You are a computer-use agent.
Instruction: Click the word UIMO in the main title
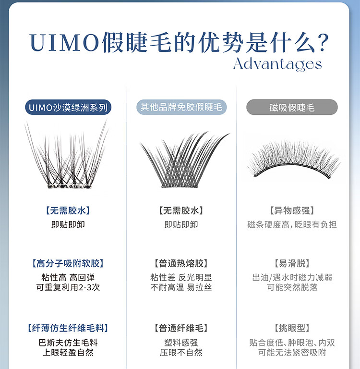[x=64, y=43]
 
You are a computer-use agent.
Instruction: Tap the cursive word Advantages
[x=277, y=65]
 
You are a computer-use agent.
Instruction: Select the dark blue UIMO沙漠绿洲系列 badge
[x=68, y=107]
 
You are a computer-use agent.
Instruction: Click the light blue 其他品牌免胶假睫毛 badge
[x=181, y=107]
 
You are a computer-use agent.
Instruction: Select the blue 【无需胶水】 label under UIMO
[x=68, y=210]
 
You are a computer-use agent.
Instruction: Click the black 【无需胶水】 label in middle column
[x=181, y=210]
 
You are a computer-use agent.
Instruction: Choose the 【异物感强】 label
[x=292, y=210]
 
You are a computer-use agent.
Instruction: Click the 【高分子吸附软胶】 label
[x=68, y=263]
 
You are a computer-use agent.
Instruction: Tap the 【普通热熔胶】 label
[x=181, y=263]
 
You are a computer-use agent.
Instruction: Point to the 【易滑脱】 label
[x=292, y=263]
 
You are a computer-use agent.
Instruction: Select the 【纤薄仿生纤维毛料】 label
[x=68, y=328]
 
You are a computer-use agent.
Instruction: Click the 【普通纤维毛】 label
[x=181, y=328]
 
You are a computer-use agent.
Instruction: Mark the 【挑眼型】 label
[x=292, y=328]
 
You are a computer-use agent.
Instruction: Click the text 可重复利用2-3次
[x=68, y=287]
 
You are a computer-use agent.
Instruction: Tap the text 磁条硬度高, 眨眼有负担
[x=292, y=224]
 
